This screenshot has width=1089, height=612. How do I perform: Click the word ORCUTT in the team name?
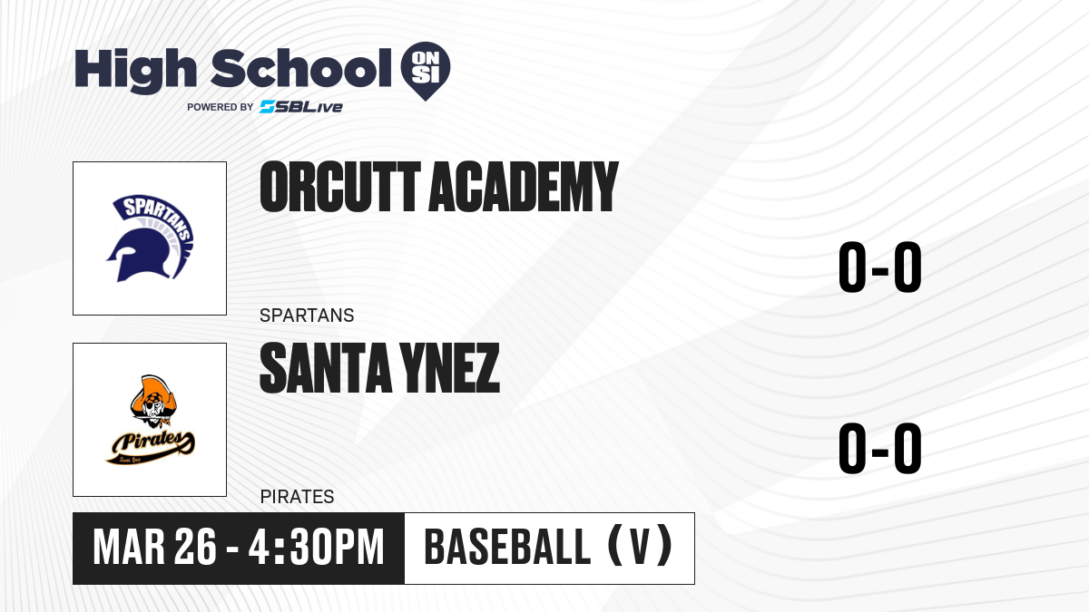point(339,187)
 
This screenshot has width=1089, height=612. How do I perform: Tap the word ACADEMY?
point(523,187)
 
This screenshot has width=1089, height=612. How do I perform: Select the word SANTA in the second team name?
point(326,368)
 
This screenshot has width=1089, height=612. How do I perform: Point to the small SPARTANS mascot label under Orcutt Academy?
point(307,316)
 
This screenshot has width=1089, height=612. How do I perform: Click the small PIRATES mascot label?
point(297,497)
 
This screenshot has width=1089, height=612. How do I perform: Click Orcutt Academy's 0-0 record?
point(880,267)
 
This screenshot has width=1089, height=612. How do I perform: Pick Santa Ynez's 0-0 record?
point(880,448)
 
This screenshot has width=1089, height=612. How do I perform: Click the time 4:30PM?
point(317,547)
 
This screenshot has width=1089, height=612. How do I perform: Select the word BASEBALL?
point(507,547)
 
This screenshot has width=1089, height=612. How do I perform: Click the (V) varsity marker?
point(641,547)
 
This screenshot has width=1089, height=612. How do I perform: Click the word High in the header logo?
point(135,70)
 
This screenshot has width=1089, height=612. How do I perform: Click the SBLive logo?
point(301,107)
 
